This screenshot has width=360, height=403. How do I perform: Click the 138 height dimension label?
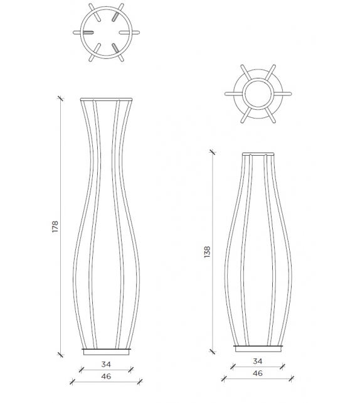click(x=208, y=251)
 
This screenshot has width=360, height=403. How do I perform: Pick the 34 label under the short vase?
click(x=258, y=361)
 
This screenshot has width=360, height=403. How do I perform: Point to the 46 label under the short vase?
click(x=258, y=373)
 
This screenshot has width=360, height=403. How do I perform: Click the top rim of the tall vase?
click(x=106, y=99)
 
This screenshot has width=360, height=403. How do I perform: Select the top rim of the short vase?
click(x=258, y=153)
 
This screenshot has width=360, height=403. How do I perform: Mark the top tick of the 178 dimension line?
click(x=61, y=98)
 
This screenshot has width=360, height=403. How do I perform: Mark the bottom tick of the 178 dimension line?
click(x=61, y=354)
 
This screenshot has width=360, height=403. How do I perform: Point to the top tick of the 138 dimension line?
click(x=213, y=151)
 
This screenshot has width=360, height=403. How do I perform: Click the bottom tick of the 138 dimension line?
click(x=213, y=352)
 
